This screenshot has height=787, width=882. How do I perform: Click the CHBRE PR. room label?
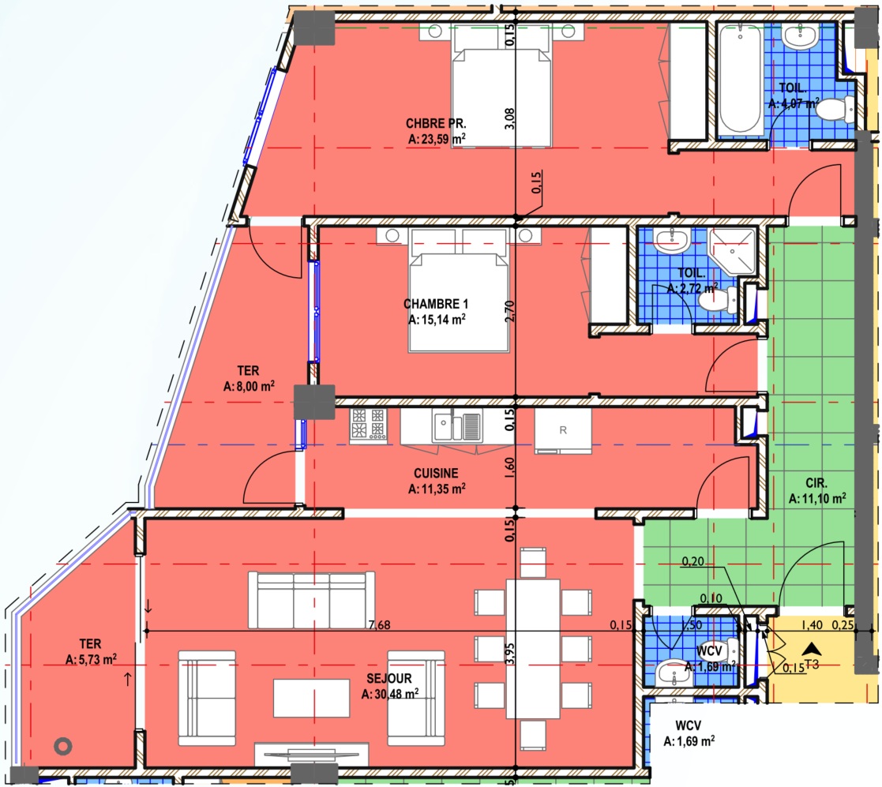click(436, 124)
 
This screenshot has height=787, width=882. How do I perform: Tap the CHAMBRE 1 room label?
click(436, 304)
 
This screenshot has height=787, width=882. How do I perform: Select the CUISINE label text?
click(436, 474)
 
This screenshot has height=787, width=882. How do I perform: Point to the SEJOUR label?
click(389, 679)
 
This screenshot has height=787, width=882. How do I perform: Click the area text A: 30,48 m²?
click(390, 694)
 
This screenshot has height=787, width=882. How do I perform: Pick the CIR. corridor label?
click(816, 483)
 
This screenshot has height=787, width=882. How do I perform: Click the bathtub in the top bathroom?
click(740, 79)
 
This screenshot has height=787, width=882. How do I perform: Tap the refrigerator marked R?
click(563, 431)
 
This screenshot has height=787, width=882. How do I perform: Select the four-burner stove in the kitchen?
click(369, 425)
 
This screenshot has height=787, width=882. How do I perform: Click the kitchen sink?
click(456, 425)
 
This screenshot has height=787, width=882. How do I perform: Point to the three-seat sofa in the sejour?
click(312, 601)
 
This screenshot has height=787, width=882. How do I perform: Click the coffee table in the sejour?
click(312, 698)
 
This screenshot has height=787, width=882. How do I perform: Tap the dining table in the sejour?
click(533, 649)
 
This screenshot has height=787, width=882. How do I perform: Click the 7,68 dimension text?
click(379, 624)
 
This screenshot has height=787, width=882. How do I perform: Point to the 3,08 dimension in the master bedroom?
click(509, 118)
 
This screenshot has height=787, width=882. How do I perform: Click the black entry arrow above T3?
click(812, 650)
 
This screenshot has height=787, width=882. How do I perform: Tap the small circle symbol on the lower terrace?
click(63, 746)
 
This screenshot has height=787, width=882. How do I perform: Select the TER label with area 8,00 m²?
click(249, 378)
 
